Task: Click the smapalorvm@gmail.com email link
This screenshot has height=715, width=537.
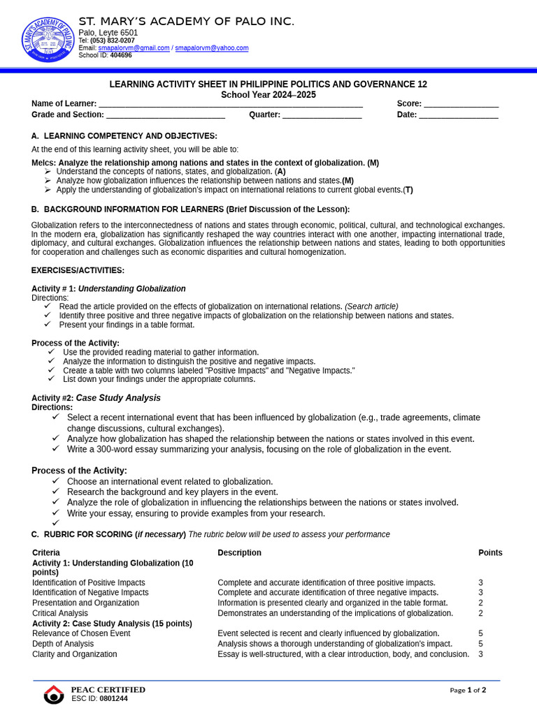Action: click(x=138, y=48)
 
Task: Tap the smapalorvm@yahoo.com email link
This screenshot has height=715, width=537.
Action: click(x=211, y=48)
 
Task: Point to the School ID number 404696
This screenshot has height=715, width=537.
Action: click(x=121, y=55)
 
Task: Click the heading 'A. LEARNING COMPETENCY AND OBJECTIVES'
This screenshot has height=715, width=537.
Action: click(x=124, y=135)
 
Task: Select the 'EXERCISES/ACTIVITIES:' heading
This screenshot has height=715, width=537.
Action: click(x=78, y=270)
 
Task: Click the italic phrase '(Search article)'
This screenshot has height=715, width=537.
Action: click(x=371, y=307)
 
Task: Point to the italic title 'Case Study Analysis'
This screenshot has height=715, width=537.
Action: click(x=118, y=398)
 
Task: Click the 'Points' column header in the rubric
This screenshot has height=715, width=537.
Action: click(x=490, y=553)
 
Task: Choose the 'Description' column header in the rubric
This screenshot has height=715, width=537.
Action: click(x=239, y=553)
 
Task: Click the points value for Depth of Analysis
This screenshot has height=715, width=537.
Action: click(x=480, y=644)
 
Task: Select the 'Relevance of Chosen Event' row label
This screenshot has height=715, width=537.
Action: click(x=81, y=633)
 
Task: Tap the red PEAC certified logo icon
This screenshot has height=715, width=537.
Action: click(x=54, y=694)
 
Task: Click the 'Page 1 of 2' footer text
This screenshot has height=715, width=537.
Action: click(x=468, y=690)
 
